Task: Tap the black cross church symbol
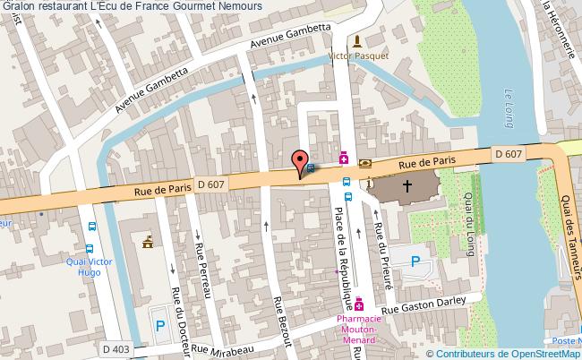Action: pos(407,187)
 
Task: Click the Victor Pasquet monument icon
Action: pos(357,41)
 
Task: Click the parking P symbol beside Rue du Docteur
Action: pos(159,327)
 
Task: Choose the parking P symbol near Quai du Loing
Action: pos(415,262)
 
